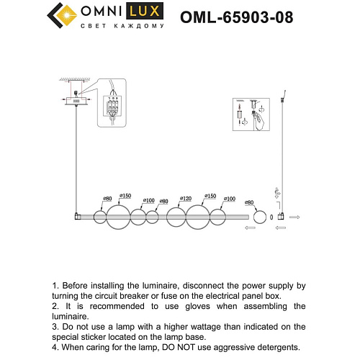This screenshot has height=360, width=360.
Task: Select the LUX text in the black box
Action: (143, 13)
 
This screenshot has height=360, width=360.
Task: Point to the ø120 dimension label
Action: (185, 198)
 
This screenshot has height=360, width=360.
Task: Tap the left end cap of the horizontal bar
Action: (77, 216)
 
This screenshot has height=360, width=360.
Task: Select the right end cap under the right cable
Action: (283, 216)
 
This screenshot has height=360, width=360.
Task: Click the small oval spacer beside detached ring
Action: (271, 216)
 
